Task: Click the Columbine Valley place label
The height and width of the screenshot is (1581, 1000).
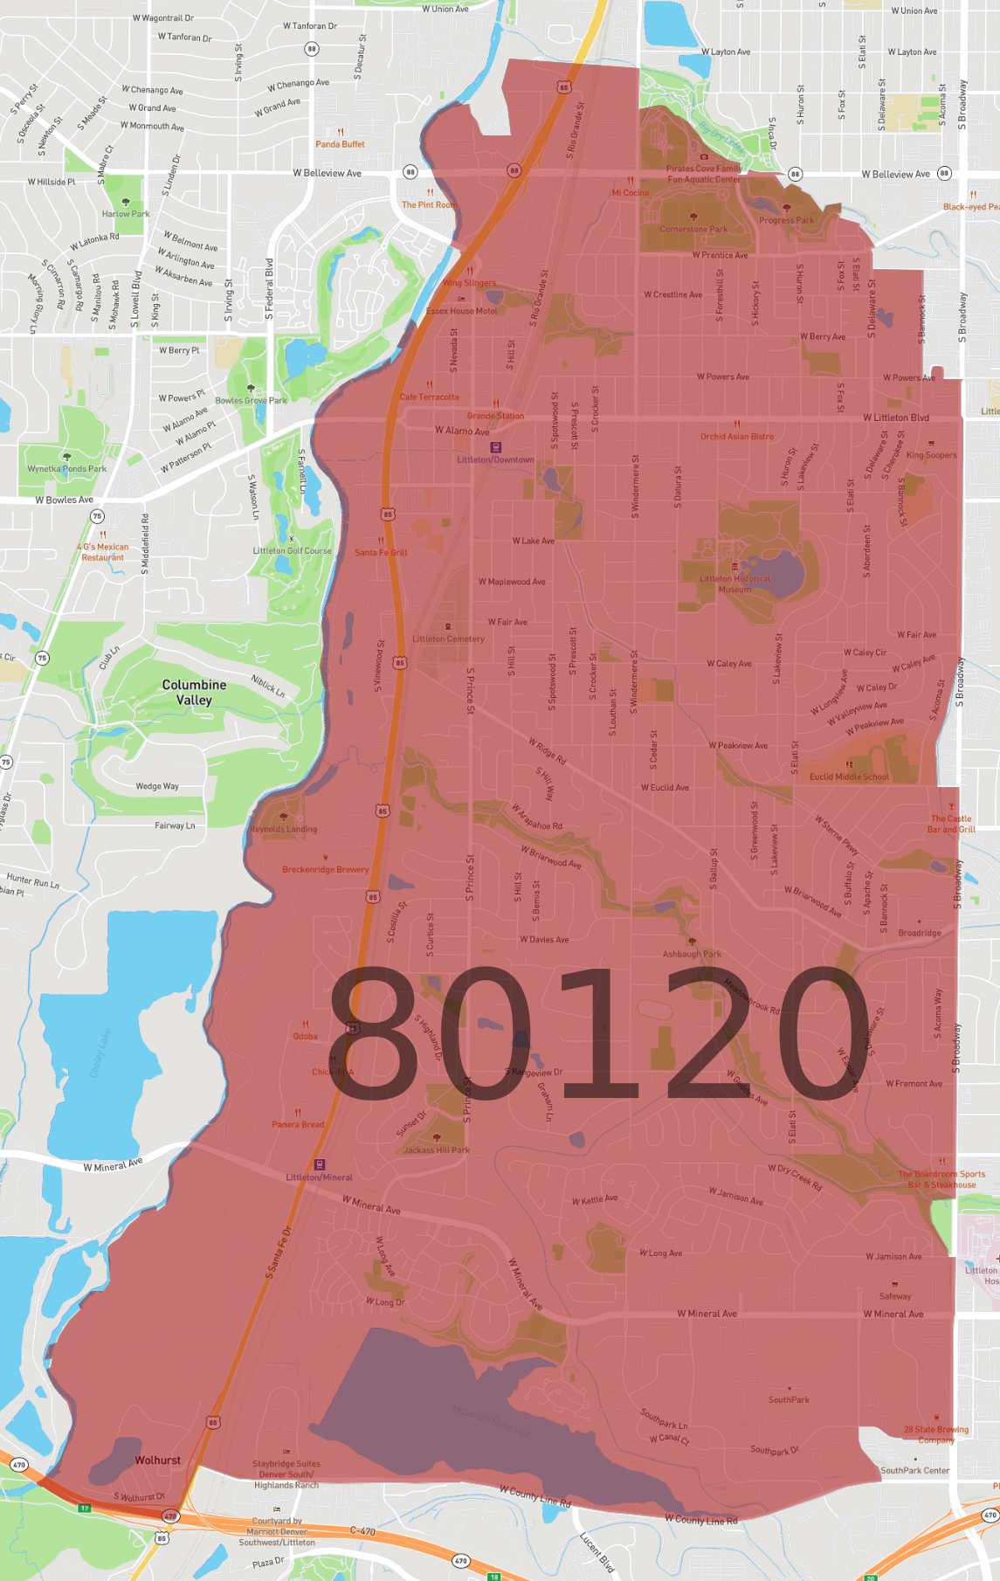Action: (194, 692)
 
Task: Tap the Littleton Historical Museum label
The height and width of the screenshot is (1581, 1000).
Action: (734, 583)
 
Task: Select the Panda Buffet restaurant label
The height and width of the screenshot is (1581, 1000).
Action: (340, 144)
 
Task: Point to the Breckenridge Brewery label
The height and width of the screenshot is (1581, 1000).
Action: (325, 869)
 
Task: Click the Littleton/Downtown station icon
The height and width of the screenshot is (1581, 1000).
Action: (496, 447)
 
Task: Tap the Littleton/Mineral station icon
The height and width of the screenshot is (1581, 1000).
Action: (320, 1164)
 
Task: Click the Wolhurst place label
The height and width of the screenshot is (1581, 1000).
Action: (157, 1460)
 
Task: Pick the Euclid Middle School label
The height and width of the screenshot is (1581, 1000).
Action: (849, 777)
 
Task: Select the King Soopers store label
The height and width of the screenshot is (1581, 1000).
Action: (931, 455)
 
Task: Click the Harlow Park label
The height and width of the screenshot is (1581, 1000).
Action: (126, 214)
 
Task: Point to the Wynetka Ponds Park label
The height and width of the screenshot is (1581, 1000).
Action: (66, 469)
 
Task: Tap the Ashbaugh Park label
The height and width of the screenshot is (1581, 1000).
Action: (692, 954)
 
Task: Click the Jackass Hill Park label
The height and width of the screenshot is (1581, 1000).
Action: (437, 1150)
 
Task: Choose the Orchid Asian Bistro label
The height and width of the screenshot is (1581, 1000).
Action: (736, 436)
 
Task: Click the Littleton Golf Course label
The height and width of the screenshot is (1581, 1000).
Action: (292, 550)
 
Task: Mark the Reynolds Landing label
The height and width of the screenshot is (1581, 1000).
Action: (284, 829)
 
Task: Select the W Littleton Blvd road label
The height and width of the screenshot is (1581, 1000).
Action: (895, 418)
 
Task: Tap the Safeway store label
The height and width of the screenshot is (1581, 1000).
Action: (894, 1296)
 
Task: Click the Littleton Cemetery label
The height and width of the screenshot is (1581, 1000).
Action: (448, 639)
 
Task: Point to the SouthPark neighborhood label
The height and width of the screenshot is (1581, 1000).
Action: (789, 1399)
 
